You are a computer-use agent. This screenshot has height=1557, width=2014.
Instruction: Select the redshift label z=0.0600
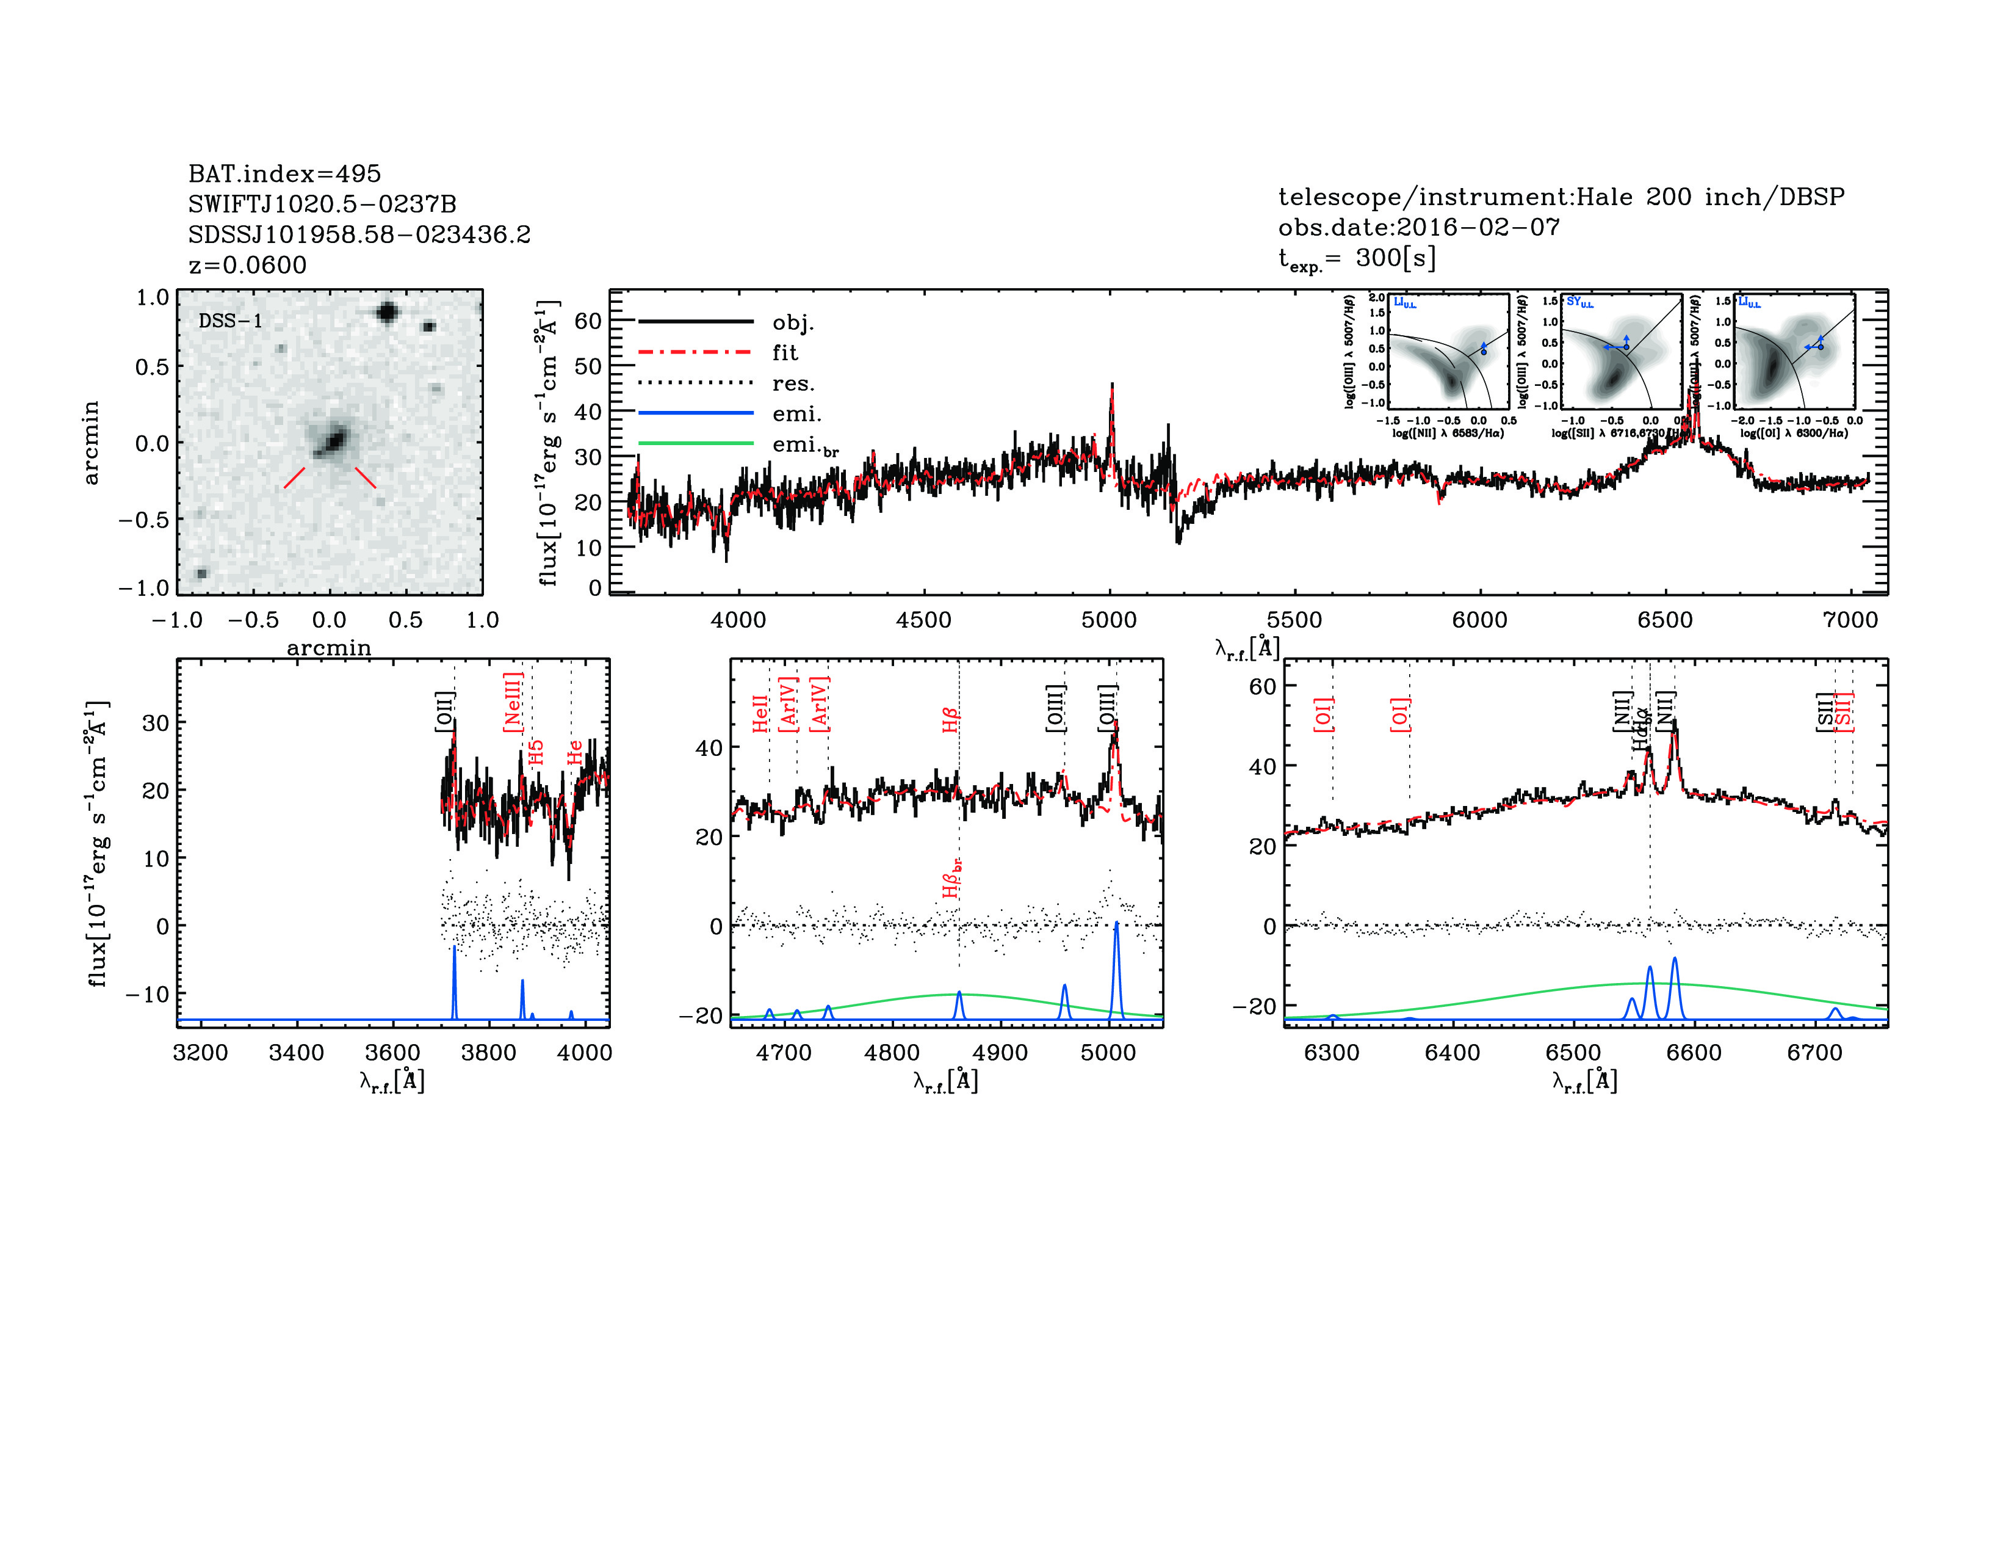(247, 266)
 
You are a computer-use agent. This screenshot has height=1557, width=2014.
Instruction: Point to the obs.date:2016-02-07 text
(1418, 227)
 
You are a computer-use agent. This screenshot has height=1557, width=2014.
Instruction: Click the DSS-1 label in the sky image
(231, 321)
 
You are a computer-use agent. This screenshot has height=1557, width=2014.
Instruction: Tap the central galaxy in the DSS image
(331, 440)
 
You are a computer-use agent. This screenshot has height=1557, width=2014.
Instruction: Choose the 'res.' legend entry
(793, 383)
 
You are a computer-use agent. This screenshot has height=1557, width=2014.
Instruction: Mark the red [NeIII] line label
(513, 702)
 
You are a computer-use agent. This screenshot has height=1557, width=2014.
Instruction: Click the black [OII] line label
(444, 711)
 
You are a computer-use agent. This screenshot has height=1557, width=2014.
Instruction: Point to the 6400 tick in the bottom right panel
(1453, 1053)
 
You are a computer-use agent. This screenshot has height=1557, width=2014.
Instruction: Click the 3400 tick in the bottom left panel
(296, 1053)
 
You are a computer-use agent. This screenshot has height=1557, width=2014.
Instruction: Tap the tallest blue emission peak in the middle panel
(1116, 925)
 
